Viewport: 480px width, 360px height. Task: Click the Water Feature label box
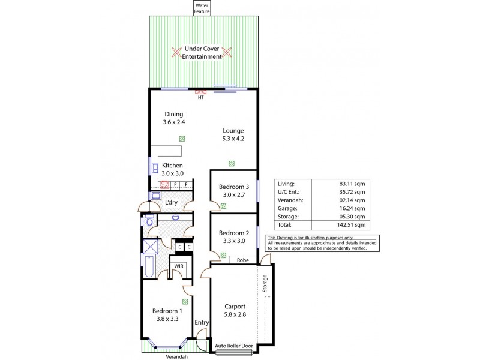click(x=201, y=8)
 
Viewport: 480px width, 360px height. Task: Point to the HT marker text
click(x=200, y=98)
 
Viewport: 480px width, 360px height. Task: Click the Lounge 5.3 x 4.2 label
click(x=233, y=134)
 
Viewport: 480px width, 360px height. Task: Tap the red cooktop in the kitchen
click(x=164, y=185)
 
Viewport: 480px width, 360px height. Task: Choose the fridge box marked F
click(x=187, y=185)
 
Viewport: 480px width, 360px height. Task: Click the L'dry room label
click(x=171, y=203)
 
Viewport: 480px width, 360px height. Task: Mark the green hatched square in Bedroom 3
click(x=223, y=206)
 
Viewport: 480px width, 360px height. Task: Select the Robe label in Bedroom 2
click(x=243, y=260)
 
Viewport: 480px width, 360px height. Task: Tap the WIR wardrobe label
click(x=178, y=266)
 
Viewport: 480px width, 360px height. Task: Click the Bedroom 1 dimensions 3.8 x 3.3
click(x=167, y=319)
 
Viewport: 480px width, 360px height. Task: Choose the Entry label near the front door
click(x=202, y=323)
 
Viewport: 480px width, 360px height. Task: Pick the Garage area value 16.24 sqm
click(x=352, y=208)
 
